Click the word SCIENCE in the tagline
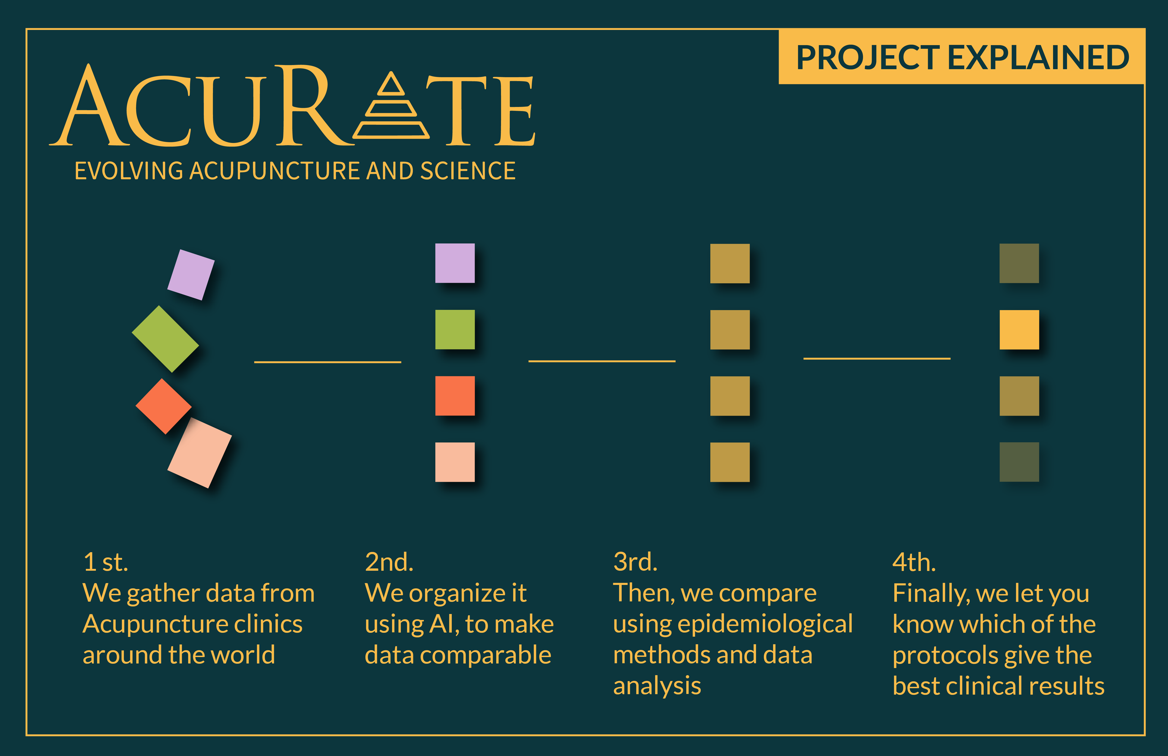click(468, 171)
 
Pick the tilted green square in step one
click(165, 339)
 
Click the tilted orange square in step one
click(163, 406)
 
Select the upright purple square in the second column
click(455, 263)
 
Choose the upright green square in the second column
click(455, 329)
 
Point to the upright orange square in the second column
click(455, 396)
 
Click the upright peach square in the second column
click(455, 462)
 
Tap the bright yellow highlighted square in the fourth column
click(1019, 329)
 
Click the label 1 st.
click(106, 562)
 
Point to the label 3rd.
click(635, 562)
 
